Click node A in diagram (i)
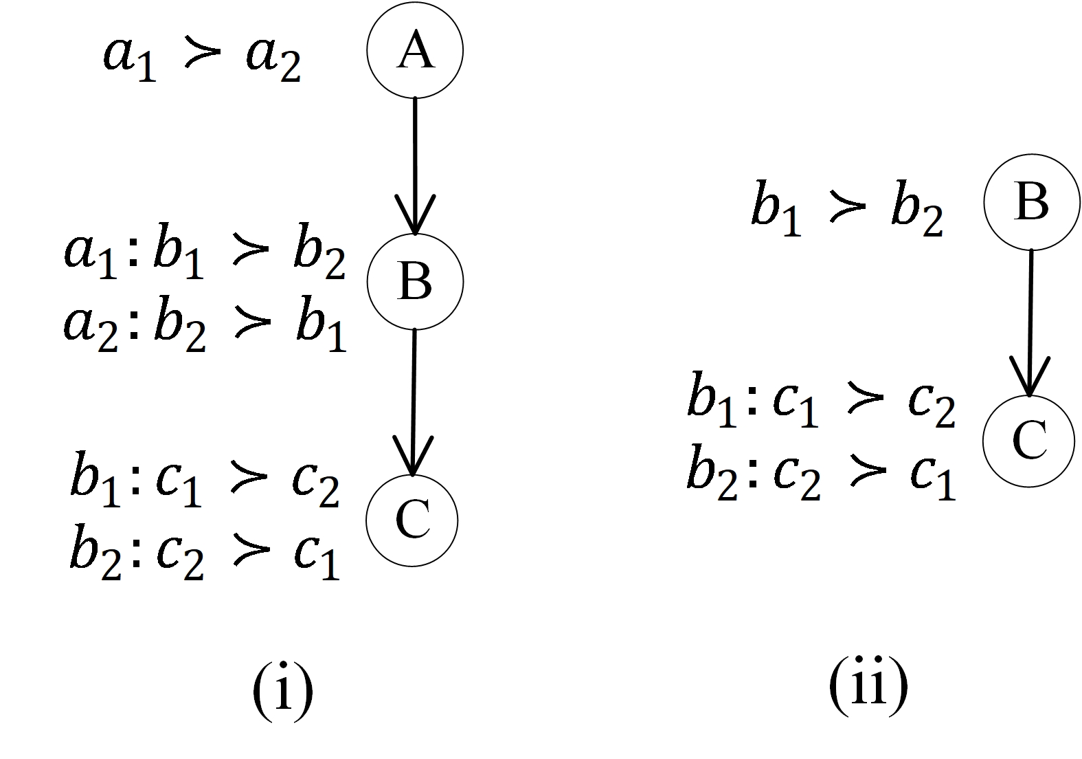click(x=415, y=50)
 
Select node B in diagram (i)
click(x=415, y=281)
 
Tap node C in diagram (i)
click(x=412, y=520)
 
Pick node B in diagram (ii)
click(x=1031, y=202)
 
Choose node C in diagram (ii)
click(x=1028, y=441)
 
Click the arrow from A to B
click(x=415, y=165)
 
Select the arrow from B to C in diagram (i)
click(x=414, y=402)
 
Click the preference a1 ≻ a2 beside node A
click(x=202, y=59)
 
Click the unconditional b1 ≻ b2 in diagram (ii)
click(x=846, y=208)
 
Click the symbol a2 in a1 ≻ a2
click(x=273, y=60)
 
